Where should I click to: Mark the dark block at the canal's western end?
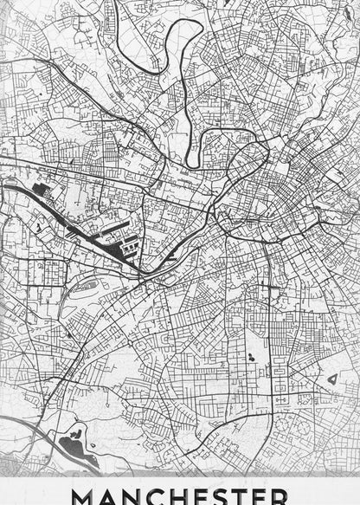39,188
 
